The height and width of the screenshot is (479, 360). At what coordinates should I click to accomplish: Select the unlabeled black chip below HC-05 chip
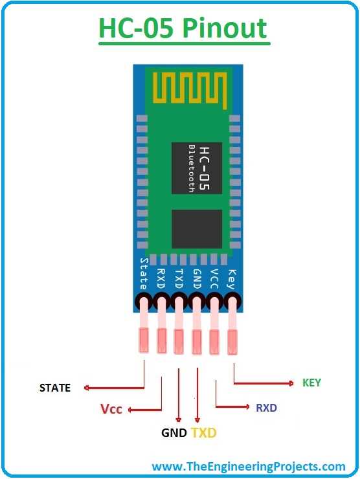click(195, 230)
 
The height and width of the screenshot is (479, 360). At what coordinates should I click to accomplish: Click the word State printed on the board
click(144, 274)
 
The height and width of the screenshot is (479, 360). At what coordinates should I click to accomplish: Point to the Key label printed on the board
click(231, 278)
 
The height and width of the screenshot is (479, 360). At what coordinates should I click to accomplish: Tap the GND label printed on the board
click(197, 276)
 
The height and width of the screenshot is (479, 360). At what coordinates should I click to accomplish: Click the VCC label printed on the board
click(214, 276)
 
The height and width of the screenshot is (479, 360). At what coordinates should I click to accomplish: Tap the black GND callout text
click(174, 432)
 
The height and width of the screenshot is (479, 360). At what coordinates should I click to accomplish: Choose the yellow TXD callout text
click(203, 432)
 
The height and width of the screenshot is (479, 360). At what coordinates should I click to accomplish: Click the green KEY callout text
click(311, 383)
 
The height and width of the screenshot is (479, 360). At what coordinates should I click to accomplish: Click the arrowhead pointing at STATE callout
click(85, 388)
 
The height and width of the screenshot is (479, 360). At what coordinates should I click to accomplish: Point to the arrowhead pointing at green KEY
click(291, 383)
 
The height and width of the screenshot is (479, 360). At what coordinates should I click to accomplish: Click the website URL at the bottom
click(248, 466)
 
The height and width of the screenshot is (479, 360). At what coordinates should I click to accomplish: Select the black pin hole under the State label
click(144, 301)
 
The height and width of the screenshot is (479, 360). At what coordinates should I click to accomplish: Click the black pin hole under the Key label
click(233, 301)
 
